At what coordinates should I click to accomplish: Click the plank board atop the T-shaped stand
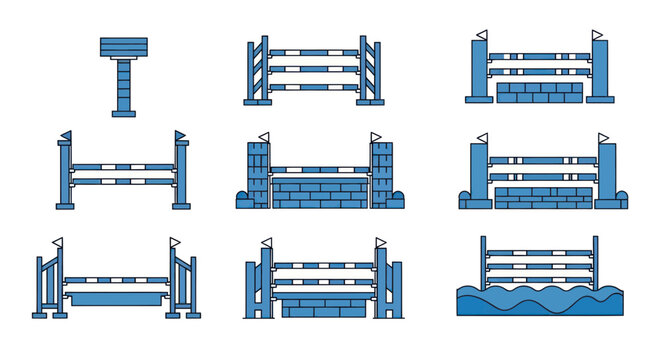[x=123, y=47]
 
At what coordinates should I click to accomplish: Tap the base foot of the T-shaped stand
[x=123, y=114]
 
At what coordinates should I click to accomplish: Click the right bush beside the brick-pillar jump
[x=395, y=200]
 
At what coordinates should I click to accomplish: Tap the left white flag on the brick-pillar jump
[x=264, y=137]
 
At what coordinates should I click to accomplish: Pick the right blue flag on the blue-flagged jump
[x=180, y=135]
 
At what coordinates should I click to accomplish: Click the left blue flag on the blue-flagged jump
[x=66, y=135]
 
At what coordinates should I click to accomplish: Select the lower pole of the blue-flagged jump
[x=123, y=182]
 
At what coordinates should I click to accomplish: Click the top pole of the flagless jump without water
[x=314, y=52]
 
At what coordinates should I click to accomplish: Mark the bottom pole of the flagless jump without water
[x=314, y=88]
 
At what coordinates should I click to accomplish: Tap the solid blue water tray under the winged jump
[x=116, y=298]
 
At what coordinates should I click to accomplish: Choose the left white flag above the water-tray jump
[x=58, y=241]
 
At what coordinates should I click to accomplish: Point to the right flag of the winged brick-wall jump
[x=380, y=241]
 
